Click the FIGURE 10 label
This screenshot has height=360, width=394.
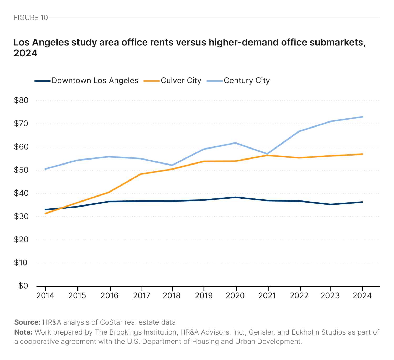(x=31, y=18)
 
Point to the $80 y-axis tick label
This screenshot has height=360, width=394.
(x=21, y=100)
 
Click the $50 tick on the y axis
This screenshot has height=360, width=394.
(x=21, y=170)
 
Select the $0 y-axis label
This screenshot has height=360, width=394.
(x=23, y=286)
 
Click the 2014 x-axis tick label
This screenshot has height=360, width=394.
(x=45, y=296)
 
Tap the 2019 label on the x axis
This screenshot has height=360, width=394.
(x=204, y=296)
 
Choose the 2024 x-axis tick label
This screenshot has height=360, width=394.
(x=362, y=296)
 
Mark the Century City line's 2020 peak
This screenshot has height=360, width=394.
(x=236, y=143)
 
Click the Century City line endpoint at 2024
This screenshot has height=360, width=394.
(x=362, y=117)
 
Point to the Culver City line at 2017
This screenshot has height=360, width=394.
(x=141, y=174)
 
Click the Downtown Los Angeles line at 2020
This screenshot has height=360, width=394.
(x=236, y=197)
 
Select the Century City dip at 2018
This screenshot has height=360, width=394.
(x=172, y=165)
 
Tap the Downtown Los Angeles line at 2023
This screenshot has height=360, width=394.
(x=331, y=204)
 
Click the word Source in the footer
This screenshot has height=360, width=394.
(x=27, y=322)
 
